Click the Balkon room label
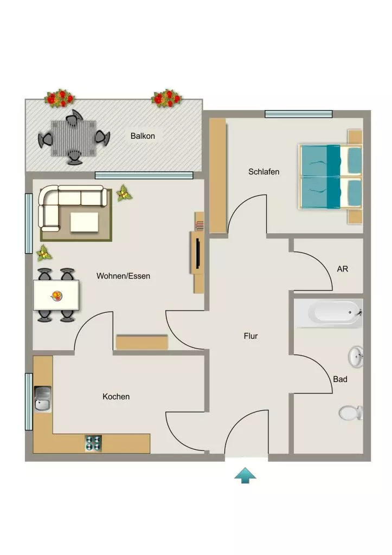point(143,136)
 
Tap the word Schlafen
point(264,172)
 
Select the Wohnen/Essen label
point(123,276)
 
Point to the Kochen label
point(116,396)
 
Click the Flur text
point(250,336)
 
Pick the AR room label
point(343,269)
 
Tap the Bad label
point(340,379)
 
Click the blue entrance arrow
point(245,475)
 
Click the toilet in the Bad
point(351,412)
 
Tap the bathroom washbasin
point(356,357)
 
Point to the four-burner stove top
point(93,443)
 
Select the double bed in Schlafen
point(331,177)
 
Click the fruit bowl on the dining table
point(56,295)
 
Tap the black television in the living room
point(198,253)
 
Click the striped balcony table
point(74,138)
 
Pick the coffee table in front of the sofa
point(84,222)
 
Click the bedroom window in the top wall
point(299,114)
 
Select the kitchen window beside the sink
point(29,402)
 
